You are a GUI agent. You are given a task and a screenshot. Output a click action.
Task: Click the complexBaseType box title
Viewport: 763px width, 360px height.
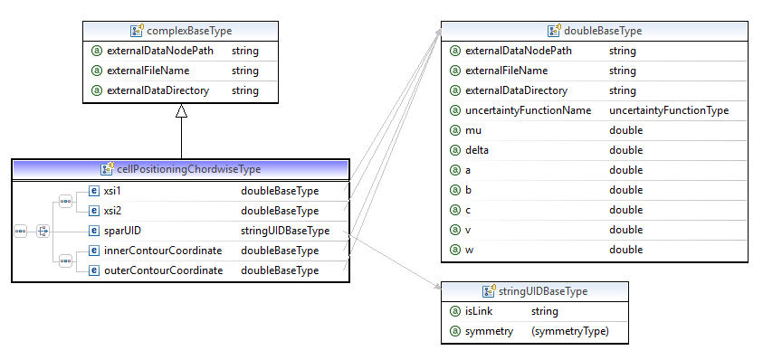188,31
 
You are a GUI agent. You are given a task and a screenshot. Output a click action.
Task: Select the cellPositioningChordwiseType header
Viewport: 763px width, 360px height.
188,169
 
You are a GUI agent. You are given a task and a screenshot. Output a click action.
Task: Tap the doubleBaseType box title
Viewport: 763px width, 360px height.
600,31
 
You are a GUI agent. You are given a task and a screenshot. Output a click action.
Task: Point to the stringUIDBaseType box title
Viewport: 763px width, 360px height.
537,291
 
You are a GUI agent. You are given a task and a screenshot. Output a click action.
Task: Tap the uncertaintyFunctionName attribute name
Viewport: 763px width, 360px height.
528,110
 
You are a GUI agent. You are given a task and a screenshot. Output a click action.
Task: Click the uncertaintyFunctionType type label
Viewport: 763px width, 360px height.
669,110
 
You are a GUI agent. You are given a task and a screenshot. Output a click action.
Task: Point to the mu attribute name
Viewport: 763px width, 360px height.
472,130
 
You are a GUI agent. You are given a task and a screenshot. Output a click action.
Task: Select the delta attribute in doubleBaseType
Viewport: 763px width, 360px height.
477,150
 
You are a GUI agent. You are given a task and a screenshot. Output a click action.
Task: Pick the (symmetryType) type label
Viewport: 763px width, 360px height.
570,331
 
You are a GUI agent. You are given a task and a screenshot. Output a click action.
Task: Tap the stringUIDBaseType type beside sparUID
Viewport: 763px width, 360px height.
285,231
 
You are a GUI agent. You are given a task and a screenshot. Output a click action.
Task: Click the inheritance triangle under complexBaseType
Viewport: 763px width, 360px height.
181,111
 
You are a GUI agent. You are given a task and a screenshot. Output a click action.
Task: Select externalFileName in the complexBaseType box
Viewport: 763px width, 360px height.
147,71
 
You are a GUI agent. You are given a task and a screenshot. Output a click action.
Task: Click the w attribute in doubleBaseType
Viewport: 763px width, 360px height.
469,250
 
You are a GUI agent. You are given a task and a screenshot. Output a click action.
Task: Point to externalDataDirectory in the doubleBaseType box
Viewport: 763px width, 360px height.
516,90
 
